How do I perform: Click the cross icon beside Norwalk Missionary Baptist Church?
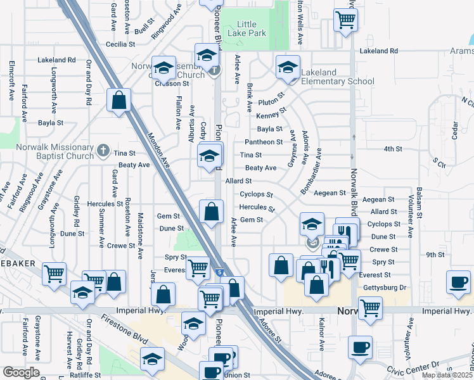coord(104,151)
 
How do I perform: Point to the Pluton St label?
coord(270,100)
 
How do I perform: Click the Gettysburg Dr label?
coord(385,288)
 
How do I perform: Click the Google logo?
coord(21,372)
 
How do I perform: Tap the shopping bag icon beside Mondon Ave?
coord(118,100)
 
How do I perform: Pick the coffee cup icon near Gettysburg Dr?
coord(458,281)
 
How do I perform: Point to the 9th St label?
coord(435,255)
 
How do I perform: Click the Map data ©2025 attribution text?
coord(447,375)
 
